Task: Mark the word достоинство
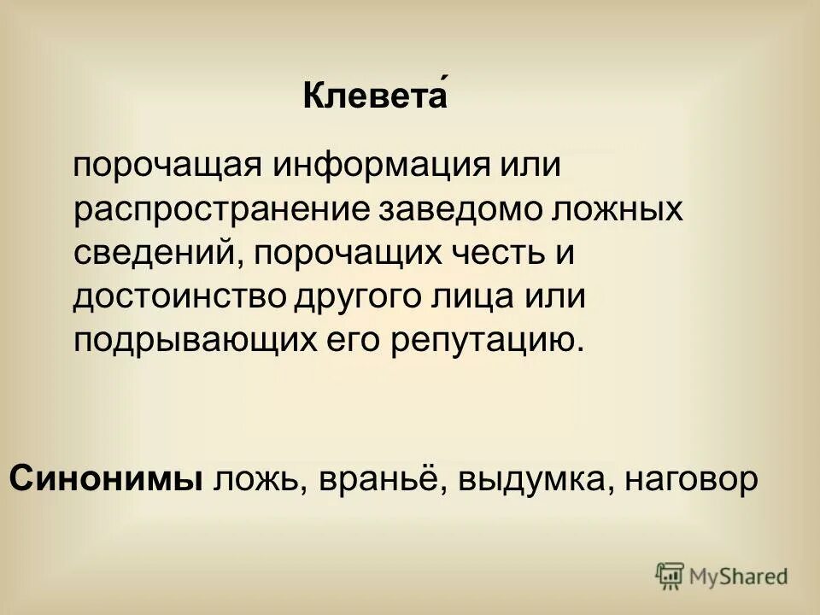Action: coord(180,297)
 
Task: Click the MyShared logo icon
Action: coord(671,576)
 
